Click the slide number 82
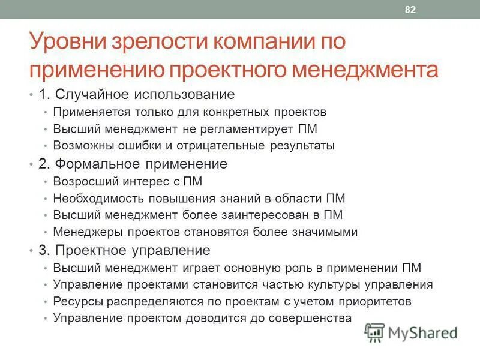click(x=411, y=10)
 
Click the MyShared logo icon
click(x=375, y=332)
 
